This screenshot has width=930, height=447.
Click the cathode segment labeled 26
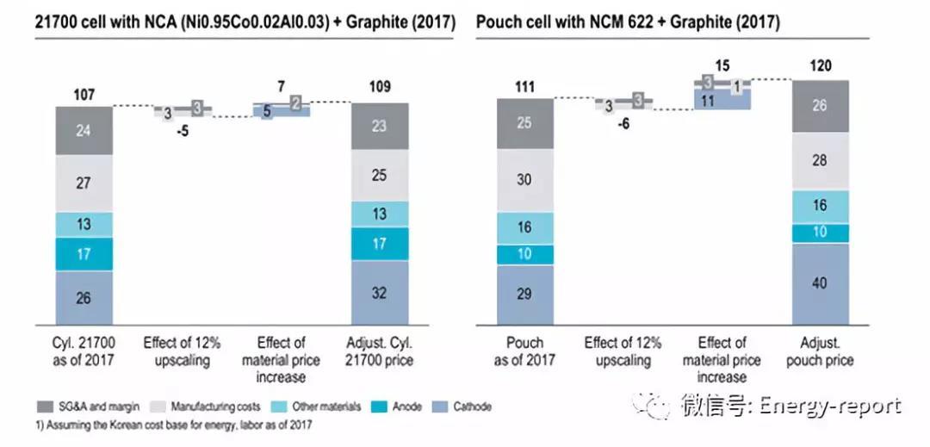pyautogui.click(x=84, y=298)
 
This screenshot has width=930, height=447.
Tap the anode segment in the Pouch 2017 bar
pyautogui.click(x=525, y=255)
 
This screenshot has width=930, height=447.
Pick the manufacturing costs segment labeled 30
pyautogui.click(x=525, y=180)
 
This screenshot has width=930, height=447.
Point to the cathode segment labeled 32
pyautogui.click(x=379, y=293)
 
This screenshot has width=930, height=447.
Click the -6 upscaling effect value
pyautogui.click(x=624, y=123)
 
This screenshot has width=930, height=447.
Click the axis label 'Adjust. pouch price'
pyautogui.click(x=820, y=351)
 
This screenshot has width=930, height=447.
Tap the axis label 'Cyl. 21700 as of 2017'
pyautogui.click(x=84, y=351)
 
